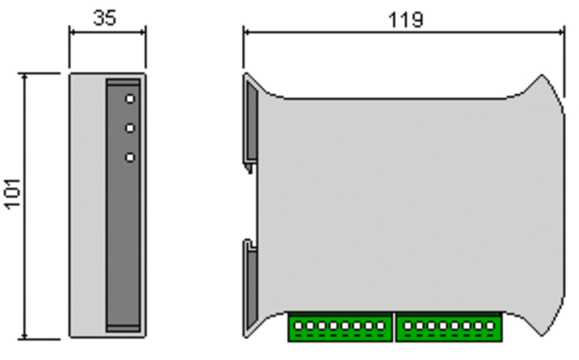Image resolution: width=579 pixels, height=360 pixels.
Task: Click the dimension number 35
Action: pos(105,18)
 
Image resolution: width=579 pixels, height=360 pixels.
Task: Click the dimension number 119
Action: pos(405,20)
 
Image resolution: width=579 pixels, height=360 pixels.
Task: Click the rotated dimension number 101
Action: pos(13,194)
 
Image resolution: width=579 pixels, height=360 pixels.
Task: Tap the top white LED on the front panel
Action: pos(130,99)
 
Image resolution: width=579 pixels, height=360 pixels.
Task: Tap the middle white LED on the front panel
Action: pos(130,128)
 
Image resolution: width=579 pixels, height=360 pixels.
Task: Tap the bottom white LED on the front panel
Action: pos(130,157)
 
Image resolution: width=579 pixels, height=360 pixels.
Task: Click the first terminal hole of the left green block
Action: pos(298,326)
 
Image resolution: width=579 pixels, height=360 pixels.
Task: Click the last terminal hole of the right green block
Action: pos(490,326)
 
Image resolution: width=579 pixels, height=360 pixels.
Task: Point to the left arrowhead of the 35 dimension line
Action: pos(71,32)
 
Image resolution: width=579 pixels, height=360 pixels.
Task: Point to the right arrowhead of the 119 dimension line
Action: pos(562,32)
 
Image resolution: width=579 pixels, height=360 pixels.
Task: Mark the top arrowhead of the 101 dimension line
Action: pos(25,76)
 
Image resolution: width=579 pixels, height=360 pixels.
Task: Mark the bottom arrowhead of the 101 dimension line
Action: pos(25,337)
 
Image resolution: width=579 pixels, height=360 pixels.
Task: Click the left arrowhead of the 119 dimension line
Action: pos(246,32)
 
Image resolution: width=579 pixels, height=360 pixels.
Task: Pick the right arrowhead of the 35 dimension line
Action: pos(143,32)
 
